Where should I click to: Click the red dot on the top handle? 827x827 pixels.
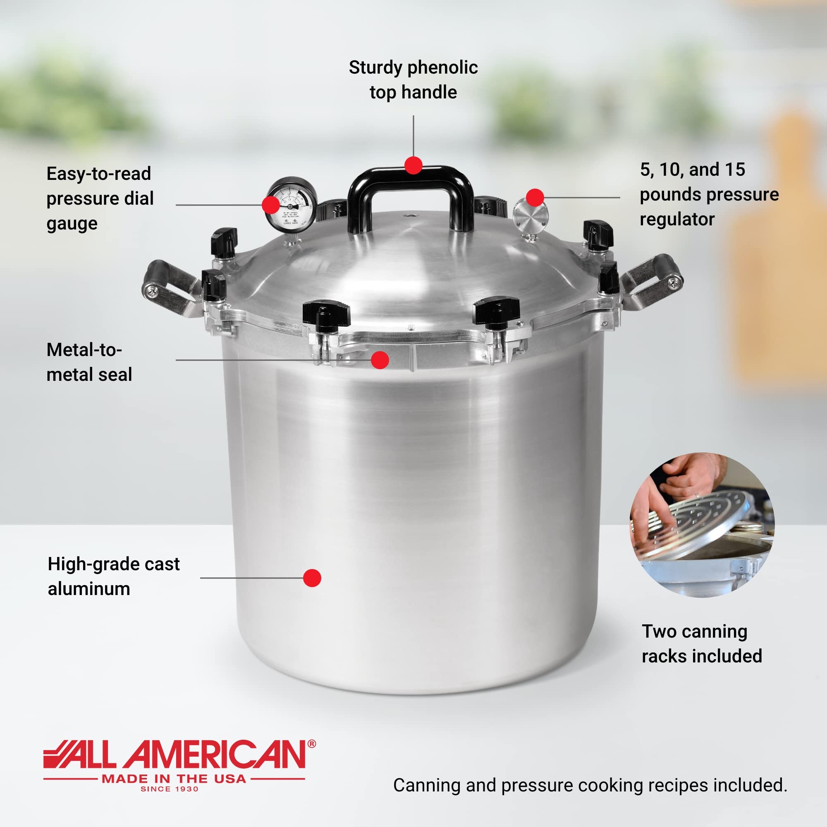(x=413, y=165)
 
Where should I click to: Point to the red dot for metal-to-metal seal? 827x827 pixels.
(x=380, y=360)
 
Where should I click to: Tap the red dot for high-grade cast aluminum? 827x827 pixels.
(x=312, y=578)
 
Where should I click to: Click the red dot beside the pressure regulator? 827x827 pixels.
(x=535, y=197)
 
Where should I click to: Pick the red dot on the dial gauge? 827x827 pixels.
(x=270, y=205)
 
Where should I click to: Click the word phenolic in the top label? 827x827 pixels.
(x=442, y=68)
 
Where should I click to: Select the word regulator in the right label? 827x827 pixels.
(x=677, y=220)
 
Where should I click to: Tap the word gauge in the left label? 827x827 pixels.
(x=72, y=224)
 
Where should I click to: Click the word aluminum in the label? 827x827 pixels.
(x=89, y=589)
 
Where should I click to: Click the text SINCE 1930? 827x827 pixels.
(x=170, y=789)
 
